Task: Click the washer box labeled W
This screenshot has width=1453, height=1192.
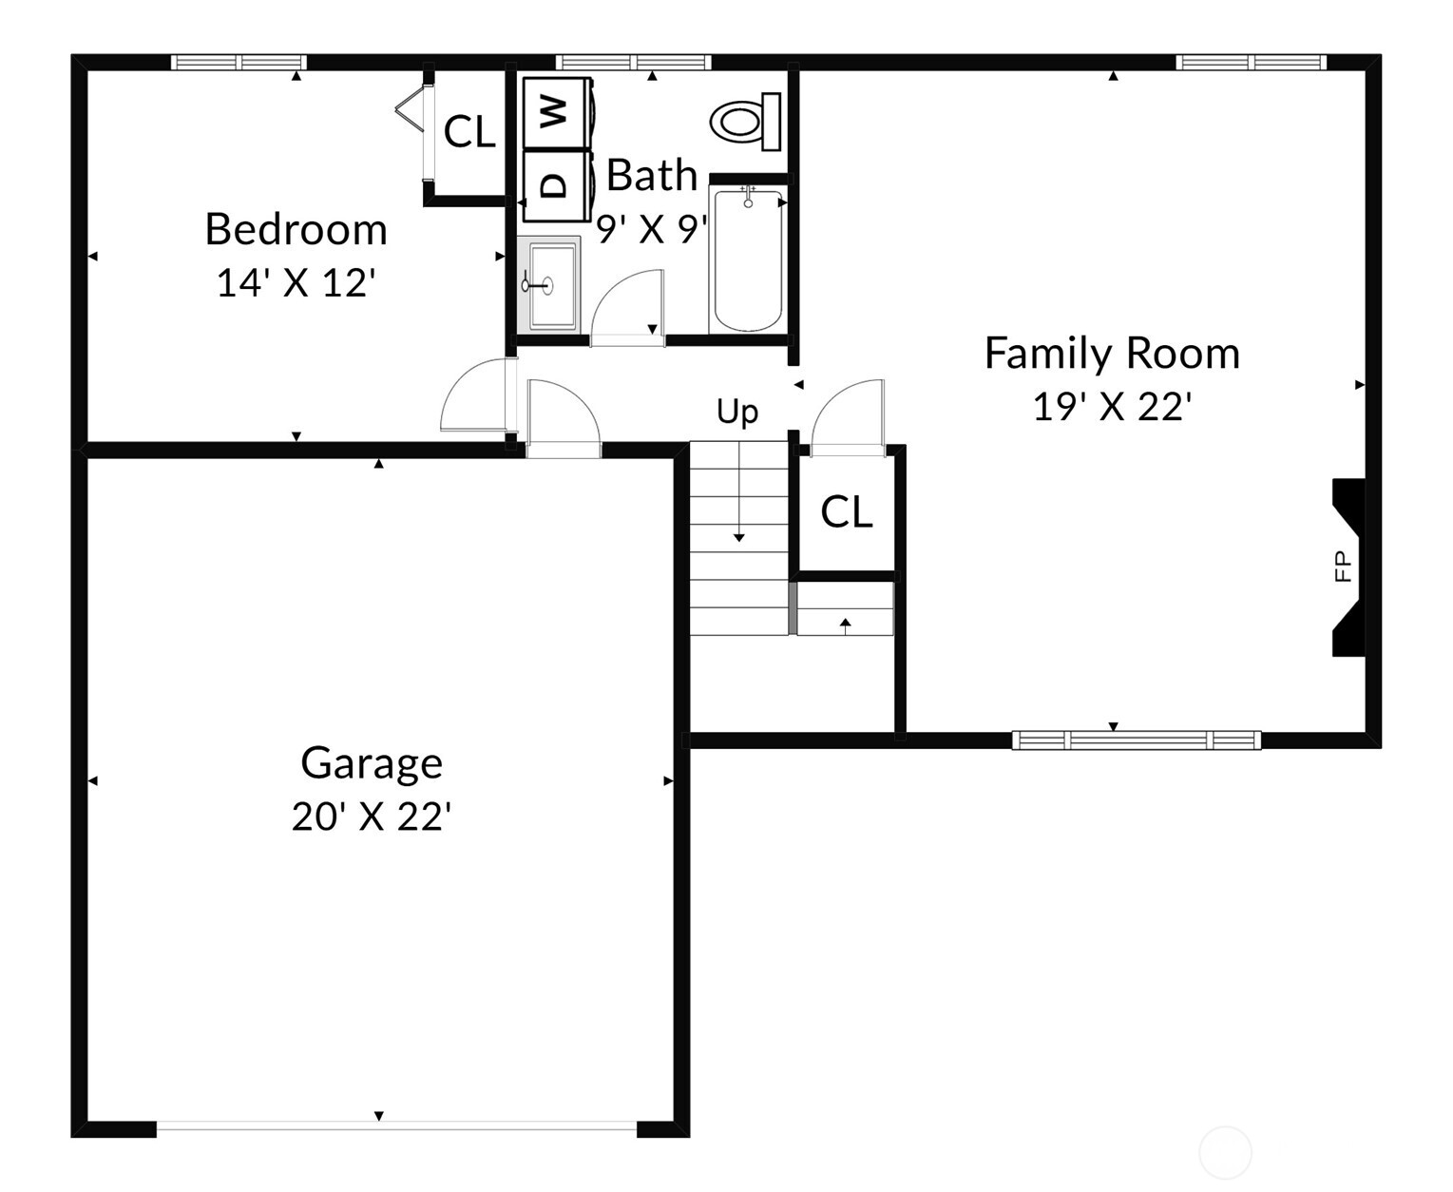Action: (x=557, y=112)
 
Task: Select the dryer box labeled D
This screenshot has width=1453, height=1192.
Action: (x=557, y=185)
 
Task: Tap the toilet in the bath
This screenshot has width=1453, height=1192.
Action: (x=745, y=122)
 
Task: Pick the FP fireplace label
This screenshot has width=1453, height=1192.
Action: (x=1343, y=566)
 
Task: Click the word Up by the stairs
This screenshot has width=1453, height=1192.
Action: (x=737, y=412)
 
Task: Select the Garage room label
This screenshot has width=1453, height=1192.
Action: (x=372, y=762)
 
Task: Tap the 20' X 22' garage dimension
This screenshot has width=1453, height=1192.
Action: (x=371, y=817)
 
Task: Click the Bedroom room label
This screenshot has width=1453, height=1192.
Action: (x=296, y=229)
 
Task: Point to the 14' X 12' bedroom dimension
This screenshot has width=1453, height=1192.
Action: (x=296, y=283)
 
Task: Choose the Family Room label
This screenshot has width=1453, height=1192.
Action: (x=1112, y=354)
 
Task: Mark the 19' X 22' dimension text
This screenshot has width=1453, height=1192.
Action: (x=1112, y=407)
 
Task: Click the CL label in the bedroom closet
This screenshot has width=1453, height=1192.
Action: (x=469, y=132)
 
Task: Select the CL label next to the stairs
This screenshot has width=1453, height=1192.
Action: (x=846, y=512)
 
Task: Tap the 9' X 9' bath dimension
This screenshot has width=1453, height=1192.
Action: (x=652, y=229)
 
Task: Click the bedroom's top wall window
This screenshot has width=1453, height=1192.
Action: (x=239, y=63)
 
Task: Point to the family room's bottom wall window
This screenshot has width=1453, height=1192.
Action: (x=1137, y=740)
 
